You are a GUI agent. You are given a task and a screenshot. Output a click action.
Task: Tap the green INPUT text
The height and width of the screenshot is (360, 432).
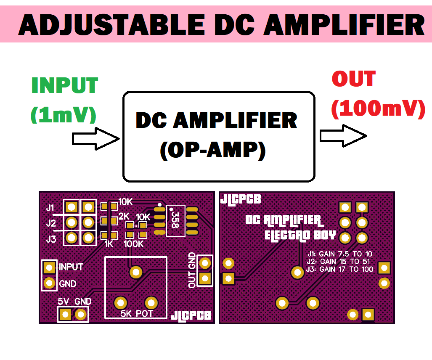point(65,85)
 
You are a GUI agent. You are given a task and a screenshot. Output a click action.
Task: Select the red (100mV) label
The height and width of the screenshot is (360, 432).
point(378,109)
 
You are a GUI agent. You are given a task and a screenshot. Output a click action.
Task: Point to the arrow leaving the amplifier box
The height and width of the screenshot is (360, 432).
point(343,135)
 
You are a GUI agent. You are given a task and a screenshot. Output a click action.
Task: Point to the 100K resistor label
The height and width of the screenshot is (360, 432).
point(134,244)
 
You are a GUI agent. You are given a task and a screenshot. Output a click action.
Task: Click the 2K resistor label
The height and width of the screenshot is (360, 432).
point(124,216)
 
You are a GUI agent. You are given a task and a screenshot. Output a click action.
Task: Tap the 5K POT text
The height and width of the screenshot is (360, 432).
point(136,314)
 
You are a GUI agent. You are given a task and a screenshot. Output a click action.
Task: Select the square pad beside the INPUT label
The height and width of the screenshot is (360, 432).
point(50,267)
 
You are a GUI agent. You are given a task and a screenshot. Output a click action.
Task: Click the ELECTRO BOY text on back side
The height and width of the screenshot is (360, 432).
point(300,235)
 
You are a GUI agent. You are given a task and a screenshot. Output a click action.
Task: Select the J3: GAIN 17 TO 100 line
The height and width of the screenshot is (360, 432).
point(340,269)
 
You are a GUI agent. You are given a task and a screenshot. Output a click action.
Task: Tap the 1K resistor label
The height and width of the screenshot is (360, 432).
point(109,244)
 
